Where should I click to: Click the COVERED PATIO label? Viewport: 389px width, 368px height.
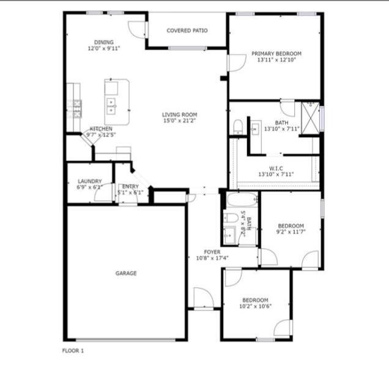187,30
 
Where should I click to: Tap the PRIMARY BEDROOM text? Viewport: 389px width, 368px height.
276,54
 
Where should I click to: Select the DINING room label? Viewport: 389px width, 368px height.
103,42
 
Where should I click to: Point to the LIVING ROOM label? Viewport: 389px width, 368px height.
179,115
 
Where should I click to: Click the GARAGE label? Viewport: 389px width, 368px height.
126,273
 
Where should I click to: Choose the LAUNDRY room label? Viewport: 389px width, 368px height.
89,181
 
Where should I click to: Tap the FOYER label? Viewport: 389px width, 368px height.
212,252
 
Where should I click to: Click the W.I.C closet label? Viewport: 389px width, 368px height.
276,168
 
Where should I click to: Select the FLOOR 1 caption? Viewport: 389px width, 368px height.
73,351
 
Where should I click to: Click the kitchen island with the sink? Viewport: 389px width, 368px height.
116,102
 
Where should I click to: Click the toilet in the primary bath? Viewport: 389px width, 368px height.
239,128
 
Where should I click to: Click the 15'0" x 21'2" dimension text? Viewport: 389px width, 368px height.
179,121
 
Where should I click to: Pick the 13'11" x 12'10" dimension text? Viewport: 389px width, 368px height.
276,61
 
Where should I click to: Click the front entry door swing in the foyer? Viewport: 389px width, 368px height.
202,298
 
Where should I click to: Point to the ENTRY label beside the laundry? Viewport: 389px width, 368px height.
130,187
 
